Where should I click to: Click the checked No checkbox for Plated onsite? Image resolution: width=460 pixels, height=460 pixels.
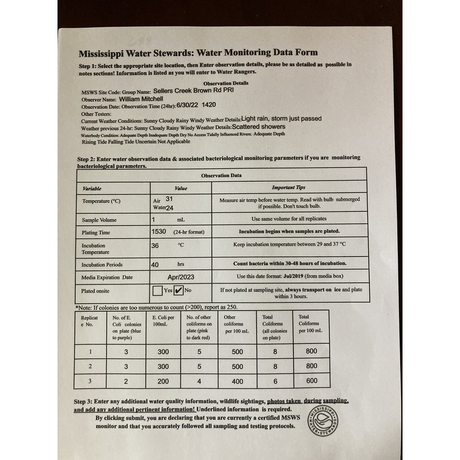click(179, 290)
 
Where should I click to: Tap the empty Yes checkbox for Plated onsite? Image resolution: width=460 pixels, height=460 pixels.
click(158, 290)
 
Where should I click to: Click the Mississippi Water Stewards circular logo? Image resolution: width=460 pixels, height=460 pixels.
click(322, 420)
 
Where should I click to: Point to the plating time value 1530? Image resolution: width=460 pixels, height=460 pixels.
click(159, 232)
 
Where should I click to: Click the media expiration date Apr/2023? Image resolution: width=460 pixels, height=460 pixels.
click(181, 277)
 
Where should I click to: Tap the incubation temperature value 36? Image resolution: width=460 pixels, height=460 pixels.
click(155, 245)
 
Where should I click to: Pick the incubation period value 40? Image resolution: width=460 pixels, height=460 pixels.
click(155, 264)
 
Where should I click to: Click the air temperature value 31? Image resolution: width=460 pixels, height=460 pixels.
click(169, 198)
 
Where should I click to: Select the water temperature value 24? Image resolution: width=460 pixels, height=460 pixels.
click(169, 207)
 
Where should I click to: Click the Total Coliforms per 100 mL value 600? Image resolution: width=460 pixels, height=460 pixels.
click(311, 381)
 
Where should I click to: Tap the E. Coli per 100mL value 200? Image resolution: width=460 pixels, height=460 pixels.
click(163, 381)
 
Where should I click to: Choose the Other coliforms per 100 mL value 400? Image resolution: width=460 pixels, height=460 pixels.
click(237, 381)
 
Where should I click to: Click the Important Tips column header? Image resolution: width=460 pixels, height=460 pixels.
click(289, 187)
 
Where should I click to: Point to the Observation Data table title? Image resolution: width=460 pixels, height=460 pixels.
click(221, 175)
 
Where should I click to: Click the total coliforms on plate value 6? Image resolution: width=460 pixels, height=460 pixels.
click(275, 381)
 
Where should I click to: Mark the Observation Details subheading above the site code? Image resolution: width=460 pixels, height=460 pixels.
click(214, 83)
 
